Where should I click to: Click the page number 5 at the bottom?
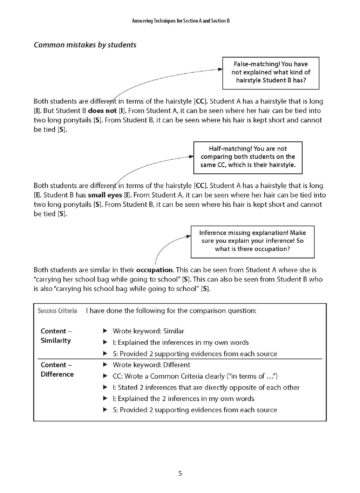coord(180,471)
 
